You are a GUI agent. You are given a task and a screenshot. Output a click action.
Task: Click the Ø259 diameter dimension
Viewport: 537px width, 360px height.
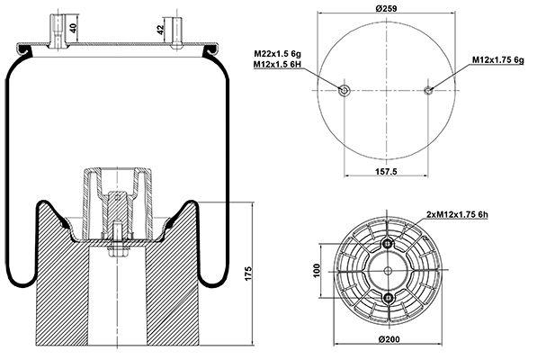point(386,8)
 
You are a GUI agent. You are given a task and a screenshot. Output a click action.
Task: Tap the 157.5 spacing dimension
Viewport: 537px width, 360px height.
point(386,171)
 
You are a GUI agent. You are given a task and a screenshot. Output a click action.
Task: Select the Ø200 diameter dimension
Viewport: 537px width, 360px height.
point(389,339)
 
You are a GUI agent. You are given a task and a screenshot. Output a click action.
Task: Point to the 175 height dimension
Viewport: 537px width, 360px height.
point(248,273)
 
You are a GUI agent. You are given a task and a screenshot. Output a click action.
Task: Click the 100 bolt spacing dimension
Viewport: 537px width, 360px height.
point(317,271)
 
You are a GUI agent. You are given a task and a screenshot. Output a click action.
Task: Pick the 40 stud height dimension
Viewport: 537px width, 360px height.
point(74,28)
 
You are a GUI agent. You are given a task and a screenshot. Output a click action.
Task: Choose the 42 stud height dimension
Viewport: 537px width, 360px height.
point(160,30)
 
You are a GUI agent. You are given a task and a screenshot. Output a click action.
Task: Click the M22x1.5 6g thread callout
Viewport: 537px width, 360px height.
point(277,54)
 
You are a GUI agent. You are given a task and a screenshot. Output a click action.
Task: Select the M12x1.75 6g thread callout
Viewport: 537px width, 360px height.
point(498,60)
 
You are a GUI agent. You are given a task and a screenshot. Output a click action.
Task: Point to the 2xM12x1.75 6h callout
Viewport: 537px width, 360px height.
point(457,215)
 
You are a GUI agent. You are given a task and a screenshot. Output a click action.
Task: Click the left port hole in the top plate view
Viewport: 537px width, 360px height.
point(344,90)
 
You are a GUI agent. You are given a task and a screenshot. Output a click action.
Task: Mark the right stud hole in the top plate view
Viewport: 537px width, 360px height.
point(428,90)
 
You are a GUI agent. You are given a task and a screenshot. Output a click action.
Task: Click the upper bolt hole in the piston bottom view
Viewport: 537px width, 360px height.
point(388,244)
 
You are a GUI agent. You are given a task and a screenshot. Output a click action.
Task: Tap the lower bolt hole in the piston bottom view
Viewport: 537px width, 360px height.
point(388,298)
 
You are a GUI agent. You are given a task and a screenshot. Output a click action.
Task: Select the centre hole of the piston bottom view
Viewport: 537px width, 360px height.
point(388,271)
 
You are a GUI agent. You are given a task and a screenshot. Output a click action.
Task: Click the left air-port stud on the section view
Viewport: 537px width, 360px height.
point(57,31)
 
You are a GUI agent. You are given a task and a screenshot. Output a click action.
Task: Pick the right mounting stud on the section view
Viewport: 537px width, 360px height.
point(176,33)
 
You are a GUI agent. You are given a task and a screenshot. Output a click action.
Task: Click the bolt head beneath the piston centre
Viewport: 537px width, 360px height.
point(118,251)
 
